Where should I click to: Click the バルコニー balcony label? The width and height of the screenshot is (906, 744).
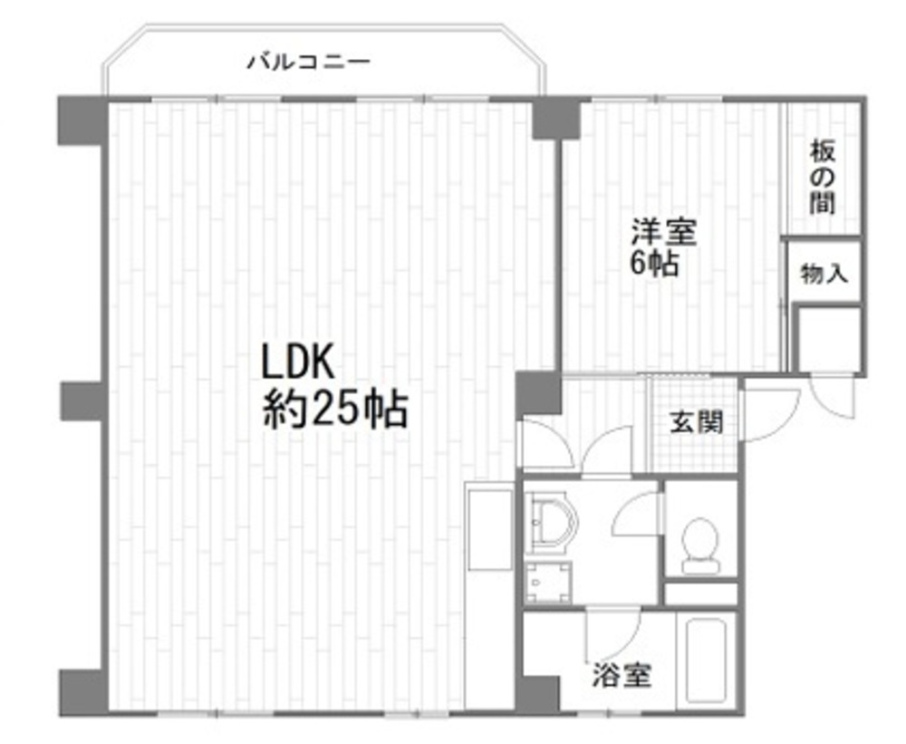(309, 61)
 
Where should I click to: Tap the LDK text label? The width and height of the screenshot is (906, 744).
(298, 361)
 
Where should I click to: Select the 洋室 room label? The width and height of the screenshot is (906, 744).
(663, 232)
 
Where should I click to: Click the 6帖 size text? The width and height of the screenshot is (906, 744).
(653, 265)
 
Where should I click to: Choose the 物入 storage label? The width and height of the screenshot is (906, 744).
(824, 273)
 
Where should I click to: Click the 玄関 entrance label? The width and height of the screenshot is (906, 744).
(696, 422)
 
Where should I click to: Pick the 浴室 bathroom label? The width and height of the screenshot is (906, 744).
(622, 674)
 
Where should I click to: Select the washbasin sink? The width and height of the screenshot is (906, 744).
(552, 524)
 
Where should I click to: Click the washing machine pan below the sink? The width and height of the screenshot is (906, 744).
(548, 582)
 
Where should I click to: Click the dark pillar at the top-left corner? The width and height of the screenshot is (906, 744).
(82, 121)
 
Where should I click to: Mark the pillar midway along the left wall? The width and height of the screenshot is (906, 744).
(83, 401)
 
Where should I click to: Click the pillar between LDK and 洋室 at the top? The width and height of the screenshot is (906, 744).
(556, 119)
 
